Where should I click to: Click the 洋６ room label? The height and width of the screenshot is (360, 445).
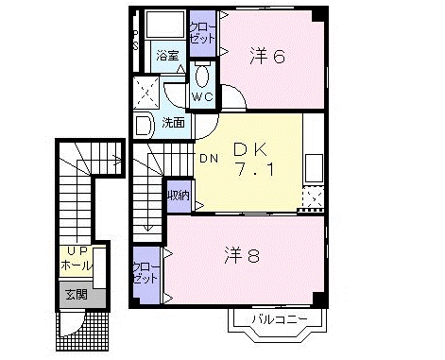pyautogui.click(x=267, y=57)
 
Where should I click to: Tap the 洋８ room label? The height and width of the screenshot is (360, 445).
pyautogui.click(x=242, y=255)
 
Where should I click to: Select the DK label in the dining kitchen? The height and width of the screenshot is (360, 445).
pyautogui.click(x=250, y=149)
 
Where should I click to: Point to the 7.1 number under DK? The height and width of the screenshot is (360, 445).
pyautogui.click(x=255, y=170)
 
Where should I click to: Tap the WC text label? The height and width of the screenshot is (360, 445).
pyautogui.click(x=202, y=96)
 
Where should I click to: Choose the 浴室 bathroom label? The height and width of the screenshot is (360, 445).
pyautogui.click(x=167, y=56)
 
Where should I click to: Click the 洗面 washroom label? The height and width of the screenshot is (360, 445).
pyautogui.click(x=173, y=123)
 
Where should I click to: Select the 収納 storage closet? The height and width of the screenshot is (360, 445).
pyautogui.click(x=179, y=196)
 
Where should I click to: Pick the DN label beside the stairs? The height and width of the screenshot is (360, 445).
pyautogui.click(x=209, y=159)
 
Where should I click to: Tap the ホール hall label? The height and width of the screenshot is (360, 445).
pyautogui.click(x=77, y=266)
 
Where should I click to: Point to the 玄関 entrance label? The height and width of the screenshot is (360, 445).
pyautogui.click(x=77, y=295)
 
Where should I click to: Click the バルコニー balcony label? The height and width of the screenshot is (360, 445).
pyautogui.click(x=279, y=319)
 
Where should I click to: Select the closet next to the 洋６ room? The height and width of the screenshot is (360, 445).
pyautogui.click(x=202, y=33)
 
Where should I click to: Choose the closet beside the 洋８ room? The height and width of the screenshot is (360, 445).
pyautogui.click(x=146, y=275)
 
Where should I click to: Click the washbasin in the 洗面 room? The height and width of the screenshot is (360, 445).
pyautogui.click(x=144, y=126)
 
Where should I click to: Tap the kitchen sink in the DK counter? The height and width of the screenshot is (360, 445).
pyautogui.click(x=314, y=168)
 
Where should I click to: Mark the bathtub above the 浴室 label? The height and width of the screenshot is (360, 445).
pyautogui.click(x=166, y=25)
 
